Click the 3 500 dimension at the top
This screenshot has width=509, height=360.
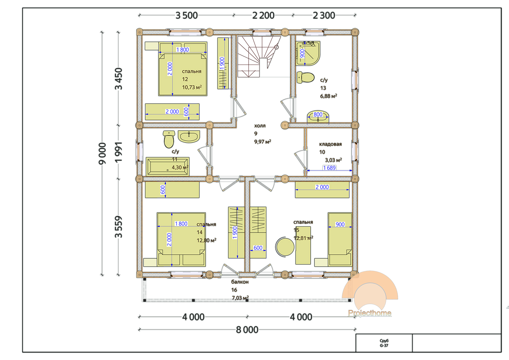pyautogui.click(x=186, y=15)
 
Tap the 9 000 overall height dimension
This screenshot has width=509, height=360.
pyautogui.click(x=102, y=153)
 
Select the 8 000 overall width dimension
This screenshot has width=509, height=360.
pyautogui.click(x=247, y=330)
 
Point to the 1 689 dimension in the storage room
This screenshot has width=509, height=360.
pyautogui.click(x=329, y=168)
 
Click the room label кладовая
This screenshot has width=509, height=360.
pyautogui.click(x=330, y=144)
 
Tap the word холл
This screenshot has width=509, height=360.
pyautogui.click(x=260, y=126)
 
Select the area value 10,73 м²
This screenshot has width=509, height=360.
pyautogui.click(x=192, y=87)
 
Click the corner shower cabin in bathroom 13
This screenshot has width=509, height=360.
pyautogui.click(x=308, y=53)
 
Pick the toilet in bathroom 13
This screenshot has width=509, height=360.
pyautogui.click(x=306, y=78)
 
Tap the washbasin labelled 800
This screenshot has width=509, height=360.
pyautogui.click(x=318, y=117)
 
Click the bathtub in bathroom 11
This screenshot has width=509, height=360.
pyautogui.click(x=168, y=167)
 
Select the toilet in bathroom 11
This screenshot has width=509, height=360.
pyautogui.click(x=169, y=139)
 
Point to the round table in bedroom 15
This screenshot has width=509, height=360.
pyautogui.click(x=285, y=246)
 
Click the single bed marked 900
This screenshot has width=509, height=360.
pyautogui.click(x=340, y=239)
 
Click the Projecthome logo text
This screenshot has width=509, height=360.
pyautogui.click(x=370, y=313)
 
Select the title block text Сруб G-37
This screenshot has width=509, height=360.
pyautogui.click(x=384, y=343)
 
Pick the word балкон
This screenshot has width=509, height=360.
pyautogui.click(x=240, y=282)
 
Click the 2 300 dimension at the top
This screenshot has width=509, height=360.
pyautogui.click(x=324, y=15)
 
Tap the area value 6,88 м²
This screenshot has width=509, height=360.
pyautogui.click(x=328, y=96)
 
